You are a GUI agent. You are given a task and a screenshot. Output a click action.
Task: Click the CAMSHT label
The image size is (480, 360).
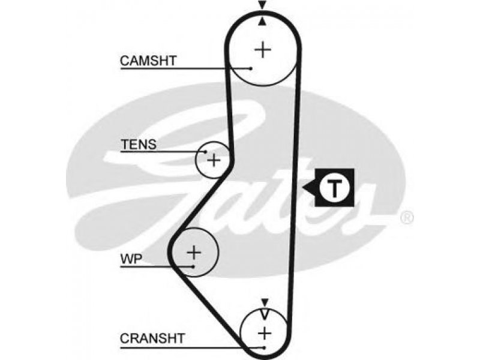pyautogui.click(x=148, y=61)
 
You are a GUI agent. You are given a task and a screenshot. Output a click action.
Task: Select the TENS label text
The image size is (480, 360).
pyautogui.click(x=139, y=145)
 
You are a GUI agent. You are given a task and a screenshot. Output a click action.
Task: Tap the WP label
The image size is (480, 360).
pyautogui.click(x=131, y=260)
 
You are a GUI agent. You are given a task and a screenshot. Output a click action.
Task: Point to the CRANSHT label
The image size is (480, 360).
pyautogui.click(x=152, y=338)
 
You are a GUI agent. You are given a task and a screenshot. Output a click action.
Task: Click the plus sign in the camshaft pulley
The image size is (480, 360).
pyautogui.click(x=263, y=50)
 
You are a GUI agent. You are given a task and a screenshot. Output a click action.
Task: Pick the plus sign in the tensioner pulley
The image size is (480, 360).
pyautogui.click(x=214, y=160)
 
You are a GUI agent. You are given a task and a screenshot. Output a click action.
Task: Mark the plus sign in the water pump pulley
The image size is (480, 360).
pyautogui.click(x=194, y=253)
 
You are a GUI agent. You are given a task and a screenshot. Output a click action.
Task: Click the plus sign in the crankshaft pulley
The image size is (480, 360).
pyautogui.click(x=265, y=333)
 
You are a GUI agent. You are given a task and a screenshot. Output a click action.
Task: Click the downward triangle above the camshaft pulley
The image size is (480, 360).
pyautogui.click(x=262, y=5)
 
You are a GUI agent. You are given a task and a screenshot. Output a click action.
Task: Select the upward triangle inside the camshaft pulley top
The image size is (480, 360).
pyautogui.click(x=262, y=22)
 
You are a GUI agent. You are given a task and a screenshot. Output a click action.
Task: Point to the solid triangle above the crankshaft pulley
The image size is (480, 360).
pyautogui.click(x=265, y=302)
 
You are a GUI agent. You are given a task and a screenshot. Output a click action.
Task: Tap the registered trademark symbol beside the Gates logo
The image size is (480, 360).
pyautogui.click(x=407, y=218)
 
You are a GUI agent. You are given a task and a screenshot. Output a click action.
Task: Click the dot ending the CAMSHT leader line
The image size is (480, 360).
pyautogui.click(x=251, y=68)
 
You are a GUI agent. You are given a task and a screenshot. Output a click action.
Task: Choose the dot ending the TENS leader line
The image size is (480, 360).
pyautogui.click(x=206, y=152)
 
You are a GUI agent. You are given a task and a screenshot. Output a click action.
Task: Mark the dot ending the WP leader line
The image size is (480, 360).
pyautogui.click(x=193, y=266)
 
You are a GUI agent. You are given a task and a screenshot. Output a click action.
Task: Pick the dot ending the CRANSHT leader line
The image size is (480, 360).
pyautogui.click(x=263, y=348)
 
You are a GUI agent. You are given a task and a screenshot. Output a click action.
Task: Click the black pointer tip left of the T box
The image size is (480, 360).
pyautogui.click(x=303, y=187)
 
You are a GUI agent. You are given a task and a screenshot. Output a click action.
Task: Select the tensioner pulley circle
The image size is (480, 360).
pyautogui.click(x=196, y=160)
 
